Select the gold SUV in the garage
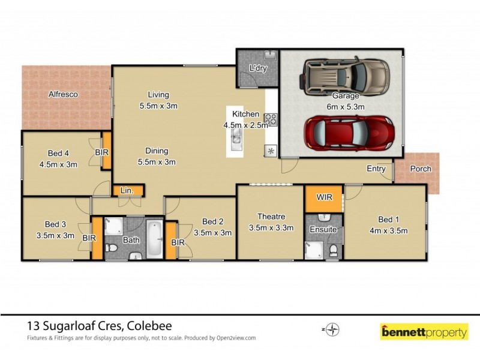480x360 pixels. (x=345, y=77)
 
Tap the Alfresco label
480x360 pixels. (x=63, y=94)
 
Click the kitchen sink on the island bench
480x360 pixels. (x=236, y=141)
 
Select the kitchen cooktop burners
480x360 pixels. (x=271, y=119)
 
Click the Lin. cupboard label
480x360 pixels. (x=126, y=191)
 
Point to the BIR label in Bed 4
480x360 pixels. (x=102, y=152)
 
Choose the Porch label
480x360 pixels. (x=420, y=169)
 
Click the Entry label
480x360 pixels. (x=376, y=169)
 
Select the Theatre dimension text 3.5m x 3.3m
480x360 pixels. (x=271, y=227)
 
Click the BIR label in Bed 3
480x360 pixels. (x=89, y=238)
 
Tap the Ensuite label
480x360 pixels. (x=323, y=229)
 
